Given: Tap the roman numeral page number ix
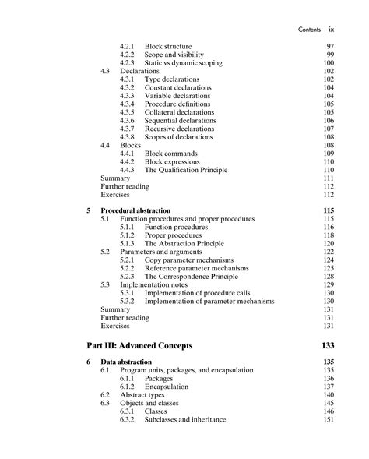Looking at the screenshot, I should coord(331,30).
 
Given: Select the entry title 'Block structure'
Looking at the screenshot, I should coord(168,47).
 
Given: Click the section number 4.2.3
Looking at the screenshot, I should coord(128,63).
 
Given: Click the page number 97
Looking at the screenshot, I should coord(329,47).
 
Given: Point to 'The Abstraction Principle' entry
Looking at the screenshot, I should coord(184,243).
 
